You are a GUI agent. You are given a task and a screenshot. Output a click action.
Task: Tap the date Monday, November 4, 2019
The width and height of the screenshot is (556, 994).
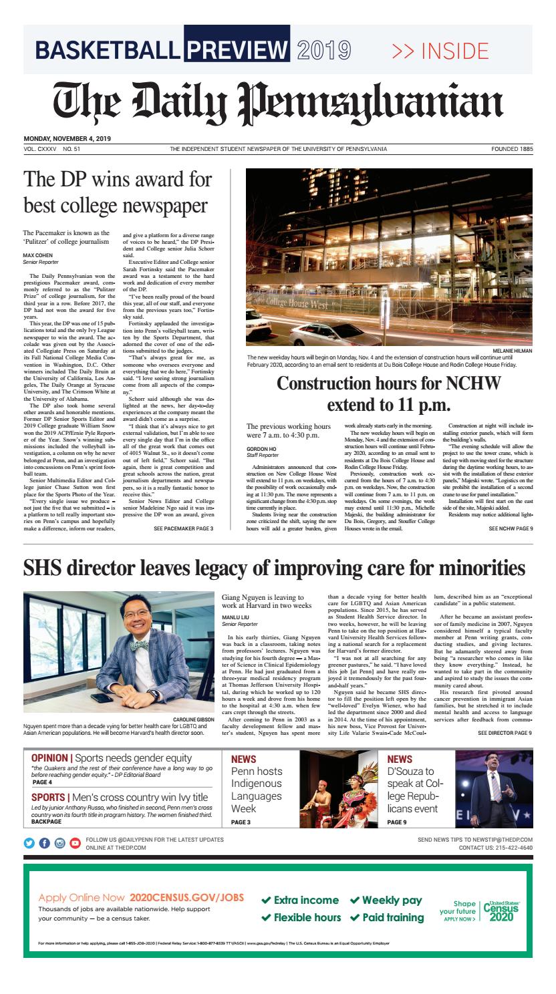pyautogui.click(x=67, y=139)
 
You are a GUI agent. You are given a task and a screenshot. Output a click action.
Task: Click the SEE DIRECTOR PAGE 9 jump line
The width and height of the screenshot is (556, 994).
pyautogui.click(x=505, y=733)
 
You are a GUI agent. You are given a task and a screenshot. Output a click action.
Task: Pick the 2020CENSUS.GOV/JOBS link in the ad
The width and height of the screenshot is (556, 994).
pyautogui.click(x=186, y=898)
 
